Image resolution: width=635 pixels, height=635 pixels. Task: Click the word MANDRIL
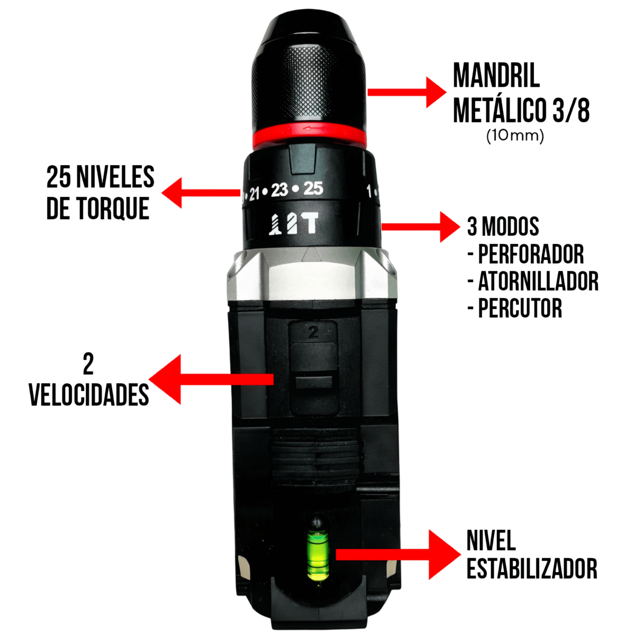pos(496,76)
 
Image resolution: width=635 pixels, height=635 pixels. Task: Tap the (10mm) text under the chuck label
pos(515,135)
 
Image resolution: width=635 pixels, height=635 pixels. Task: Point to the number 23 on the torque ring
pos(279,190)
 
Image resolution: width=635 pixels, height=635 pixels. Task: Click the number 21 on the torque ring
pos(255,194)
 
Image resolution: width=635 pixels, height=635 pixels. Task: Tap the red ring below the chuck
pos(309,135)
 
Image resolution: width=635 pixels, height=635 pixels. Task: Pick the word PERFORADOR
pos(531,255)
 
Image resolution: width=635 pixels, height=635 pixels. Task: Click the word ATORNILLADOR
pos(538,282)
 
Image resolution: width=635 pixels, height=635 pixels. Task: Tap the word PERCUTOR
pos(520,309)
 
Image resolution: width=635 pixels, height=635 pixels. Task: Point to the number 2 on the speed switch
pos(313,333)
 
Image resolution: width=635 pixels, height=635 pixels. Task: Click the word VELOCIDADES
pos(89,394)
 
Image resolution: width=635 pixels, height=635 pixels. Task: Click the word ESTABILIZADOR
pos(532,569)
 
